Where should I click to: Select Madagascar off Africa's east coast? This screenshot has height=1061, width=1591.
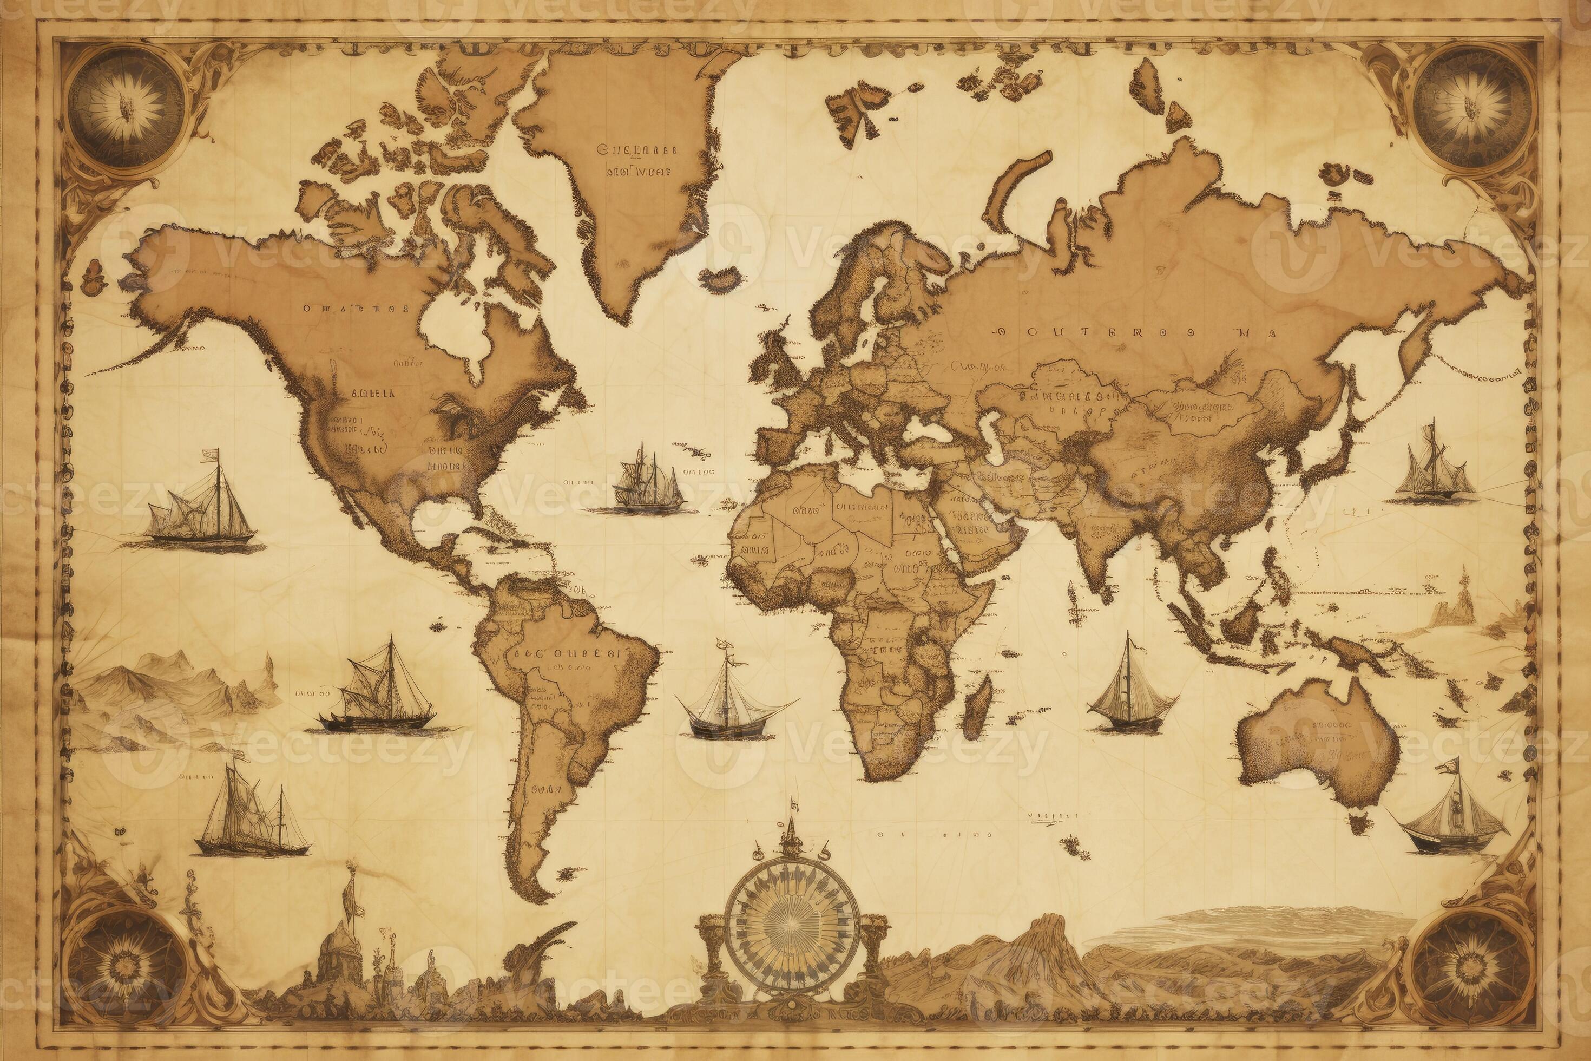[x=977, y=707]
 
